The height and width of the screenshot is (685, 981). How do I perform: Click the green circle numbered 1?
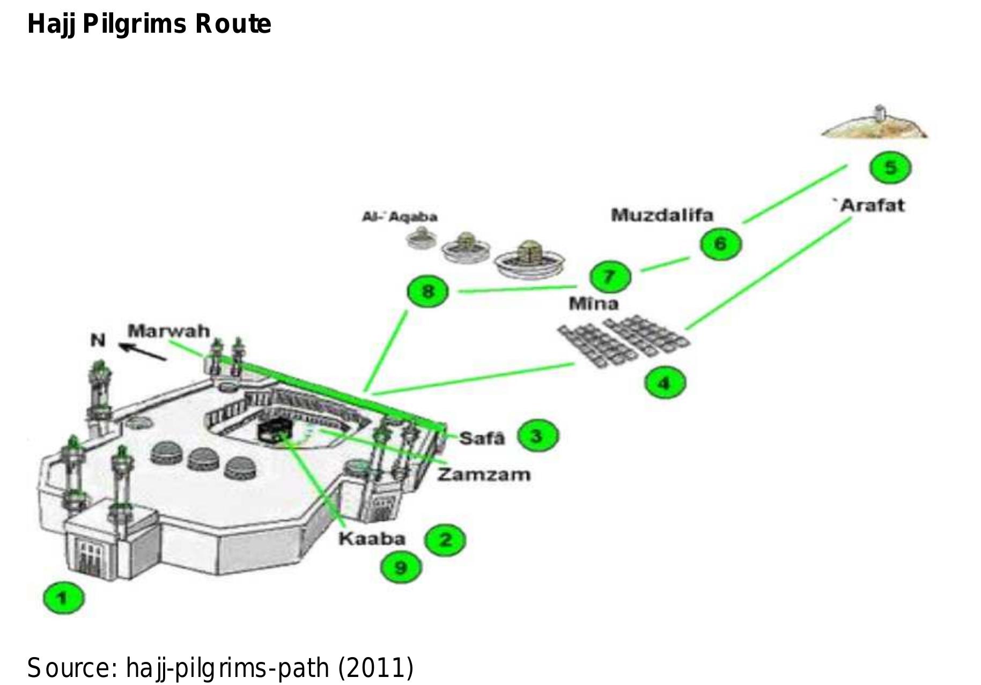63,598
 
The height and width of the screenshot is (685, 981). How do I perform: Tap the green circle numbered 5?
890,167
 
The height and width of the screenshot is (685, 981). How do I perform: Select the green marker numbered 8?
427,292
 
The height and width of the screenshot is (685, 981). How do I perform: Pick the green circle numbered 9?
401,567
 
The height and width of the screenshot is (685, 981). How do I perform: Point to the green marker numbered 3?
537,436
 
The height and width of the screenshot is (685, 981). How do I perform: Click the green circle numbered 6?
720,243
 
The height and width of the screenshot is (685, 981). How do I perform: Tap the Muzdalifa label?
662,215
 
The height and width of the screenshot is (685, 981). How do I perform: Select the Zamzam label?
484,474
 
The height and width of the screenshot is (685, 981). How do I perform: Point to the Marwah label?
168,330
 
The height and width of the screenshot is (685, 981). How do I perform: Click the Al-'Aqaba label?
400,217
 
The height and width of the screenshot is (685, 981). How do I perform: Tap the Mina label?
593,304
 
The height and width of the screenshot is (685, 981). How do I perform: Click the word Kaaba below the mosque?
372,539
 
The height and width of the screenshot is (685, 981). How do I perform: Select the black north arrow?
142,352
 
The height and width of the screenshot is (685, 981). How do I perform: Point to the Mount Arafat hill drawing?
874,123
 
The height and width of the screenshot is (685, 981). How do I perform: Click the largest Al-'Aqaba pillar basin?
529,259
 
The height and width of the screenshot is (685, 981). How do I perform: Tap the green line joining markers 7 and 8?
518,290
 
